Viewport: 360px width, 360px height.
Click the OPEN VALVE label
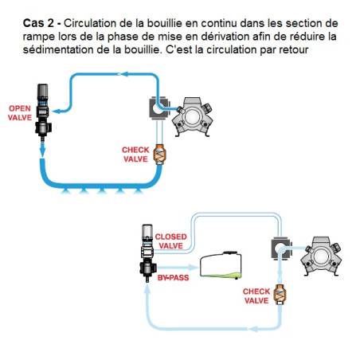tap(20, 113)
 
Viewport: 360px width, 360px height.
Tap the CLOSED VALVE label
tap(170, 241)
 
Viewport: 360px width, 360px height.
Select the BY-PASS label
tap(173, 278)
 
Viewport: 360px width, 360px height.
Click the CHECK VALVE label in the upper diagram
tap(135, 155)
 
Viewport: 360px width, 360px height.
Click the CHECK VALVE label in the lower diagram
tap(256, 296)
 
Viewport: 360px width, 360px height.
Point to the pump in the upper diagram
tap(192, 116)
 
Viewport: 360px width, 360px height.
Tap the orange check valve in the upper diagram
tap(159, 155)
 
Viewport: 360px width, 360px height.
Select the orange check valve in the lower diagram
tap(280, 295)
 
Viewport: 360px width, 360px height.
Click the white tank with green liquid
tap(221, 265)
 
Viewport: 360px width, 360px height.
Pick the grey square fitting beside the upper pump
tap(159, 108)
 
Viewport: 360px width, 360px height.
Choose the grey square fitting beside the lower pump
tap(281, 248)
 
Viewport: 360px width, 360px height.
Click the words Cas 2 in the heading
tap(38, 23)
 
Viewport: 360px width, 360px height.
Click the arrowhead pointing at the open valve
tap(57, 111)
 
